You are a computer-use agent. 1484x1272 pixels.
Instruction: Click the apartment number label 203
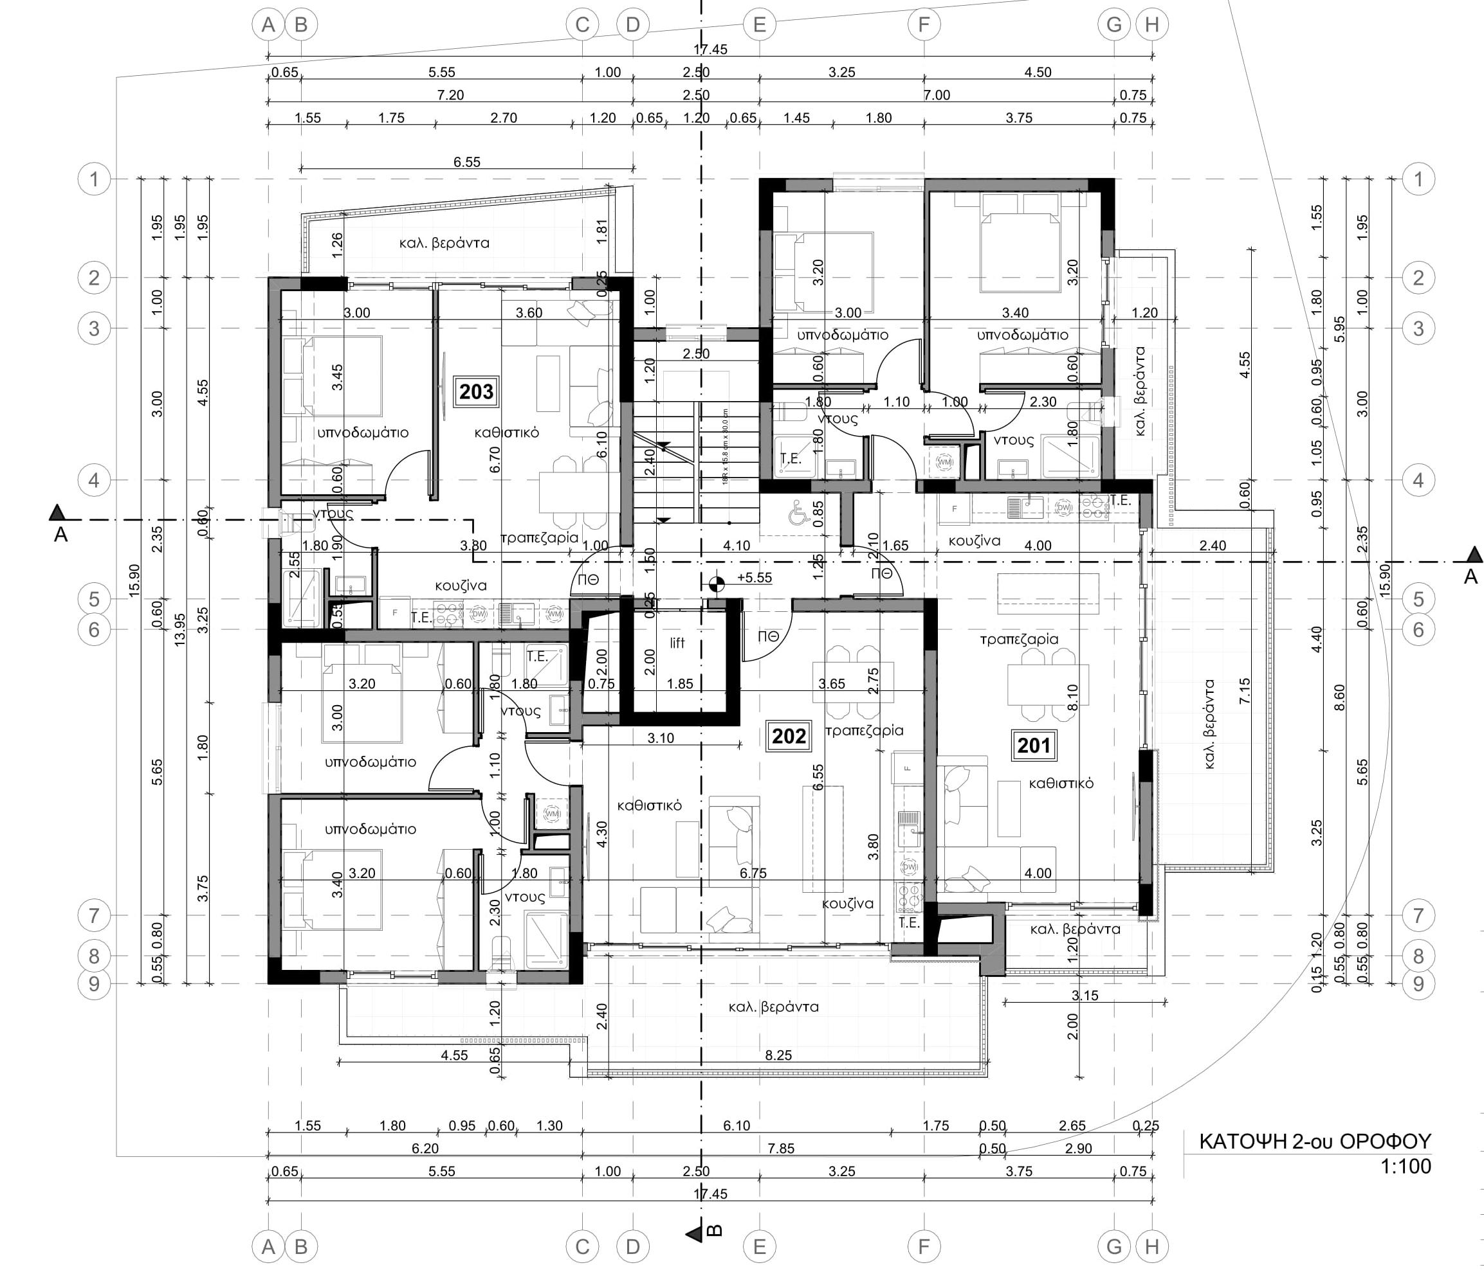click(x=476, y=391)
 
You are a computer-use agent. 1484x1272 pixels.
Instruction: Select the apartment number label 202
click(x=789, y=736)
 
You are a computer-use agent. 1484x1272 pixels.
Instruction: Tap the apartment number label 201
click(x=1034, y=745)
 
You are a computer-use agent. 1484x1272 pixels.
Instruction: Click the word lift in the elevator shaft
click(x=677, y=643)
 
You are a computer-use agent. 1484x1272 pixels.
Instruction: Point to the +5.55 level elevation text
click(x=754, y=578)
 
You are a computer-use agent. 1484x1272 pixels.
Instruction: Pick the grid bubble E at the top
click(x=759, y=25)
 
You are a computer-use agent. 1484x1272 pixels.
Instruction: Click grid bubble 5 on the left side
click(x=94, y=598)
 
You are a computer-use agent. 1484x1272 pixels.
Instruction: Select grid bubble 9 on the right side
click(x=1418, y=983)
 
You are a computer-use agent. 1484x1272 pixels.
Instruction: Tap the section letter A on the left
click(x=60, y=534)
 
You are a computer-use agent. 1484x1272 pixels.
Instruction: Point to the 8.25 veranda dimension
click(x=778, y=1055)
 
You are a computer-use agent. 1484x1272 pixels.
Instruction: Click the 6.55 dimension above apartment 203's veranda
click(x=466, y=162)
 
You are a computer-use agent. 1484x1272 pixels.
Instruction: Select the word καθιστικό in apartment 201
click(x=1061, y=783)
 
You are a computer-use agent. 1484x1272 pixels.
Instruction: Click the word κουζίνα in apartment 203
click(x=461, y=586)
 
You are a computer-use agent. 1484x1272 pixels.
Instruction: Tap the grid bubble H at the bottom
click(x=1151, y=1246)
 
